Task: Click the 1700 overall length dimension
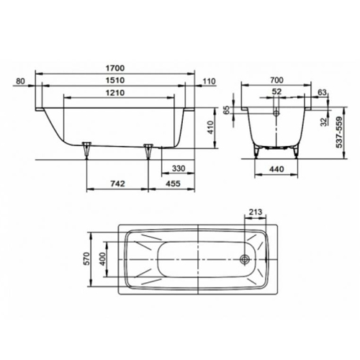pos(115,68)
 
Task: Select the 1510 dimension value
pos(115,80)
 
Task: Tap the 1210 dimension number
pos(115,92)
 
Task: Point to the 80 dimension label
pos(20,81)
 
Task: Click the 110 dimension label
pos(210,81)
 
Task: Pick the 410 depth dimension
pos(210,127)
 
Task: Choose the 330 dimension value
pos(179,168)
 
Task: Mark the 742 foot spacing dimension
pos(117,184)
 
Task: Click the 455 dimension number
pos(173,184)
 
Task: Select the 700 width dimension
pos(276,80)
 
